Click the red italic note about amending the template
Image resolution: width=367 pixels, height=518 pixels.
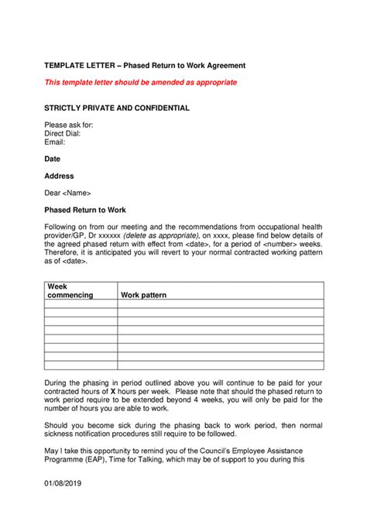[x=140, y=82]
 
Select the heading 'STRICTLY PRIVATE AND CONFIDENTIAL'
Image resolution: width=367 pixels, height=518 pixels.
[x=116, y=108]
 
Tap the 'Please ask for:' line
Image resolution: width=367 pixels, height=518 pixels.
[x=69, y=125]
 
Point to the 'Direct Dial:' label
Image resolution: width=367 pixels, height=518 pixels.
[x=63, y=133]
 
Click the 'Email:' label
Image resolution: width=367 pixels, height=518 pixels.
[x=55, y=142]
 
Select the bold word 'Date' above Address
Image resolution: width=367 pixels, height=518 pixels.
[x=52, y=159]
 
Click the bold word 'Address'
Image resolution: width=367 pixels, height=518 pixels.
[x=59, y=176]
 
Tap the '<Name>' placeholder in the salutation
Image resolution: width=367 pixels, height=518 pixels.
[x=77, y=193]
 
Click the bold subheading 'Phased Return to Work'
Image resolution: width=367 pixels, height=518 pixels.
[x=85, y=210]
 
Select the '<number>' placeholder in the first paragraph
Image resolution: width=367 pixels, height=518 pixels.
[x=283, y=244]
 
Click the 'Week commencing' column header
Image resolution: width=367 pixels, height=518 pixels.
[x=70, y=291]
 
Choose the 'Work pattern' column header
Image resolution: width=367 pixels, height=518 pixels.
[x=143, y=295]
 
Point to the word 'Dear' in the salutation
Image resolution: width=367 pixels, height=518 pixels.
[x=52, y=193]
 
